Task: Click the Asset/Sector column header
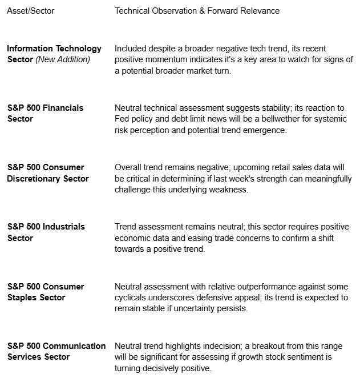point(30,11)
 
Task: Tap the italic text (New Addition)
point(63,60)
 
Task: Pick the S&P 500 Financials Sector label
point(45,113)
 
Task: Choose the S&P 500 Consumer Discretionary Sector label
point(48,173)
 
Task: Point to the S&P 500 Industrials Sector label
point(46,232)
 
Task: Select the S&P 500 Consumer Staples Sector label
point(45,292)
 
